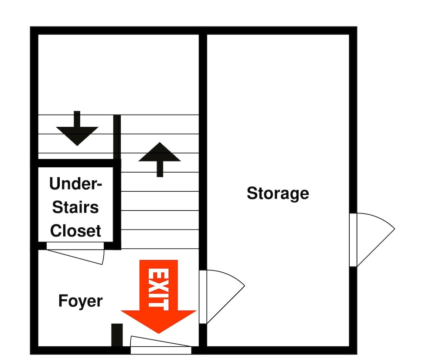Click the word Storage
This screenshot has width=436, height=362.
pos(278,193)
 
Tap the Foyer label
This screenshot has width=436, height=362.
pos(80,301)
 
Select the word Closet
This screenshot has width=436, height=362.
pos(75,230)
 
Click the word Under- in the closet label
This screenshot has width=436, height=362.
pos(75,183)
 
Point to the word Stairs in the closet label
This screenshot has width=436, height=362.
pos(75,207)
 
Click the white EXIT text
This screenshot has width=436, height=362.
pos(158,289)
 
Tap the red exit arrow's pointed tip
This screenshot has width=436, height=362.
pos(159,333)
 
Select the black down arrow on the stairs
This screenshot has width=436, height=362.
pos(77,128)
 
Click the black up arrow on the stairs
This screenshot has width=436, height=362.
pos(160,159)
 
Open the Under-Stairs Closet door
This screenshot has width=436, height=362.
pos(75,253)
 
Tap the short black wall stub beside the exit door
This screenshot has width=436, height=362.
pos(117,335)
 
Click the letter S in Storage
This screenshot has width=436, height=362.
pos(252,193)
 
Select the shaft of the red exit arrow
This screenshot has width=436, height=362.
pos(159,285)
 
